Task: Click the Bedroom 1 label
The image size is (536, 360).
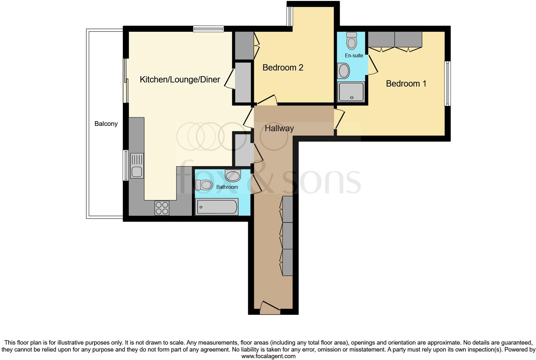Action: [406, 84]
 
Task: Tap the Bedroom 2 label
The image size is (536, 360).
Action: [283, 68]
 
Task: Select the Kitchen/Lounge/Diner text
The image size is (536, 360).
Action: [180, 80]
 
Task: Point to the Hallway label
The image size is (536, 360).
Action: [279, 128]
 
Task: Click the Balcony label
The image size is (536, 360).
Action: [106, 124]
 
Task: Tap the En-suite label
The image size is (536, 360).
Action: [354, 56]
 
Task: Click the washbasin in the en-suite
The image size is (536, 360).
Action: [343, 71]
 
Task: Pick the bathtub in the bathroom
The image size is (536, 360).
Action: [216, 207]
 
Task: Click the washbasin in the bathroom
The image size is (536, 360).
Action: [233, 175]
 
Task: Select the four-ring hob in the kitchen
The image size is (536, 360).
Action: [162, 208]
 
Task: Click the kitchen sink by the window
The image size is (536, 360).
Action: [137, 166]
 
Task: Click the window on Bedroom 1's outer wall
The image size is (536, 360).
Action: [447, 83]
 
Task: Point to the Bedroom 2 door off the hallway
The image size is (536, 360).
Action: [267, 100]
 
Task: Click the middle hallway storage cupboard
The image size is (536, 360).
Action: [287, 236]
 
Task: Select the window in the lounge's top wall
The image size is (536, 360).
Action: [209, 29]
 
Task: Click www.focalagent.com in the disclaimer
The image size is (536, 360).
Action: [268, 356]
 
